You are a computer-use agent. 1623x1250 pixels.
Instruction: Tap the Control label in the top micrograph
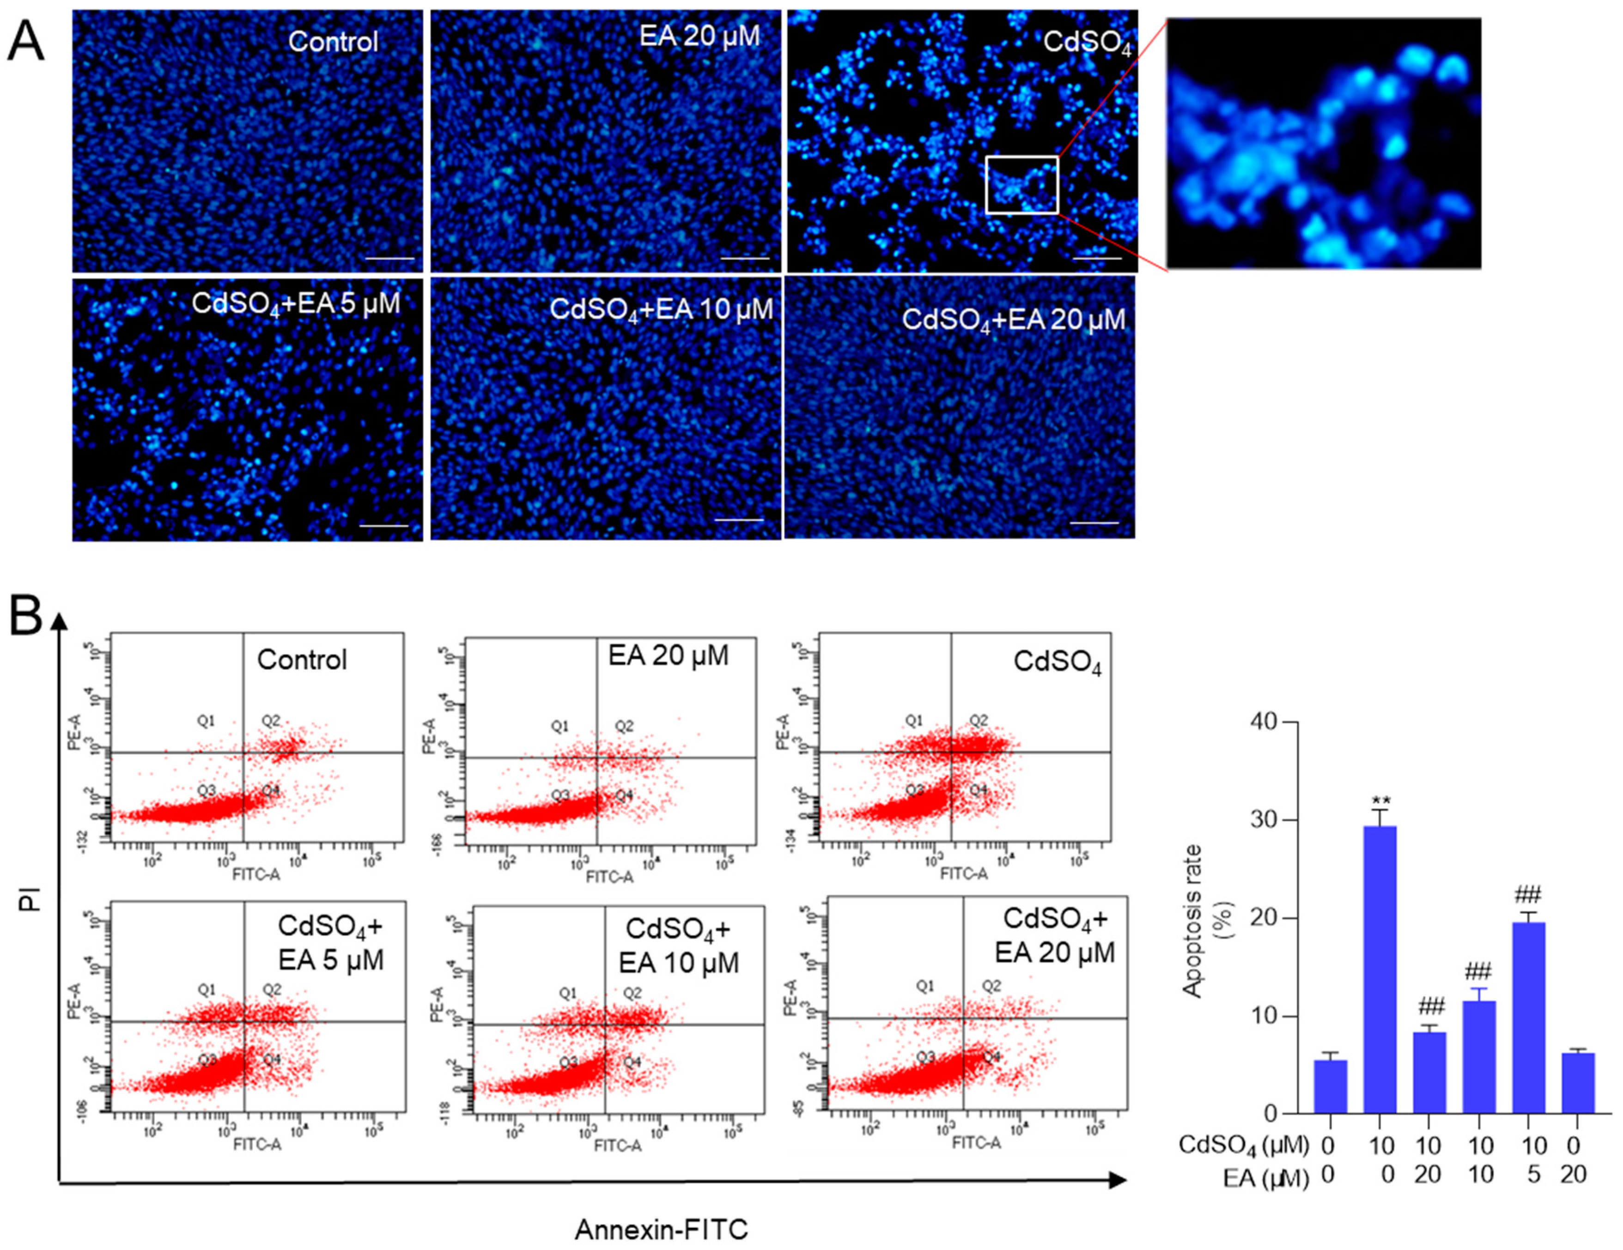(x=333, y=42)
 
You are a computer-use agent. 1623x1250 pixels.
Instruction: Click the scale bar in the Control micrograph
(x=390, y=259)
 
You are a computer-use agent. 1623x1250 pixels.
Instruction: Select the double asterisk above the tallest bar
(x=1381, y=801)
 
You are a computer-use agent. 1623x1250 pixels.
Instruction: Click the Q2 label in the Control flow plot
(x=271, y=721)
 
